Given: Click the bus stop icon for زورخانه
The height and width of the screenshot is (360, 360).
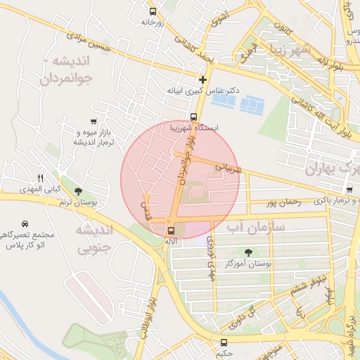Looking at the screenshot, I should (153, 11).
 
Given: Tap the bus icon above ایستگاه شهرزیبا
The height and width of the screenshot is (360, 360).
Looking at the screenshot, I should (193, 117).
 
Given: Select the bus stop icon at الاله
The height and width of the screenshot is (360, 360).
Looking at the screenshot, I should (171, 231).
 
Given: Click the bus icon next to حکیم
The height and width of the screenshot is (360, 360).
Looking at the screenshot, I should (224, 342).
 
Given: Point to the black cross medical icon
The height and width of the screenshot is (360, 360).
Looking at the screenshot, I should (203, 79).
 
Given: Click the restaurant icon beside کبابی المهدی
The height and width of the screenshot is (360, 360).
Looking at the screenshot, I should (40, 177).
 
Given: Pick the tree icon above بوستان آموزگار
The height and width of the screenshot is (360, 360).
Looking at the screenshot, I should (247, 252).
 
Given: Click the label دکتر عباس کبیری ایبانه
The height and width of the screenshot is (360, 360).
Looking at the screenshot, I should (203, 91).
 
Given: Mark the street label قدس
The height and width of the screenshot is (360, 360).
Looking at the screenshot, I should (148, 209).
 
